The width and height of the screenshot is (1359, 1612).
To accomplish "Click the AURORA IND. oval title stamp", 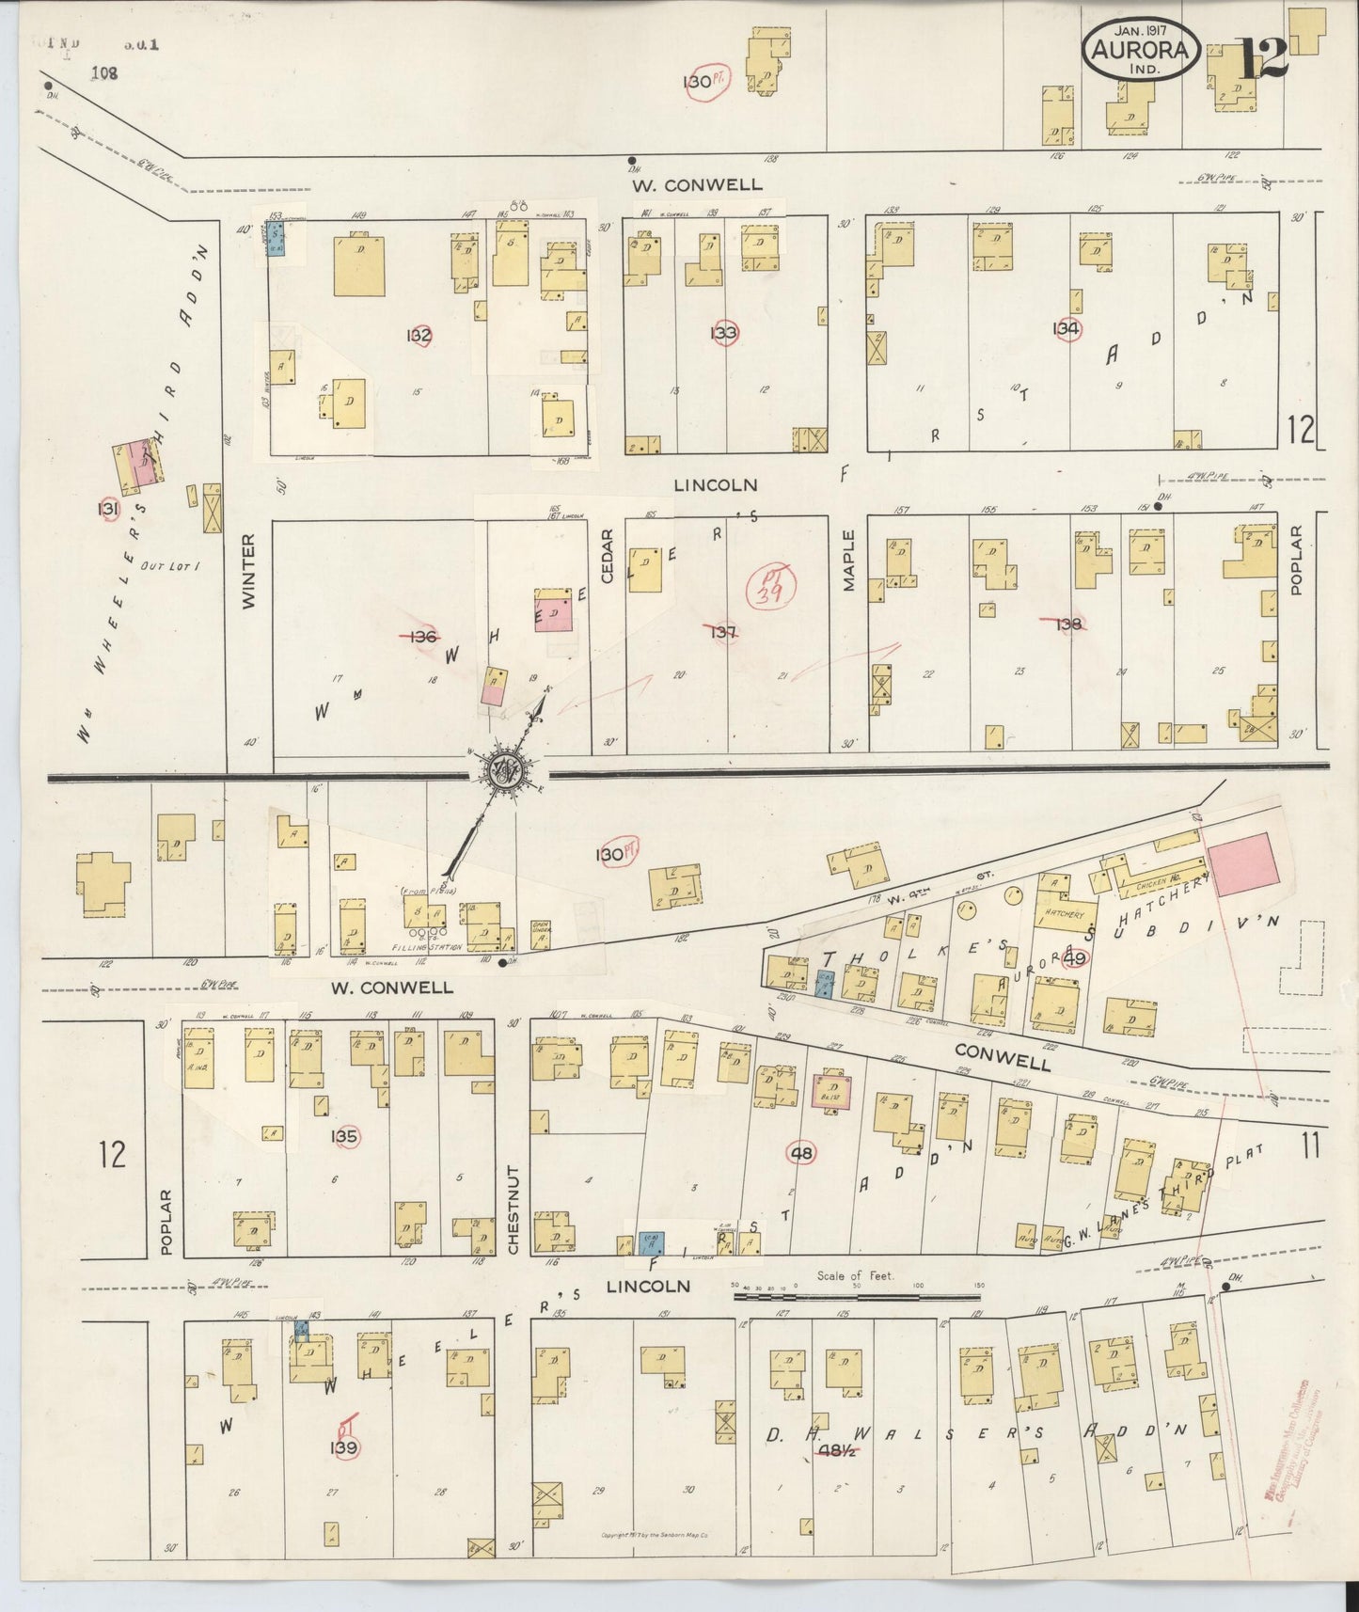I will click(x=1143, y=51).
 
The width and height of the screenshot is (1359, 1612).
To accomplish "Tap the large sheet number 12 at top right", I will click(x=1262, y=58).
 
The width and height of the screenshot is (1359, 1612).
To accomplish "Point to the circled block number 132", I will click(x=419, y=336).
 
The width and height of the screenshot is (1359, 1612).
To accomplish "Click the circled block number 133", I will click(x=724, y=332).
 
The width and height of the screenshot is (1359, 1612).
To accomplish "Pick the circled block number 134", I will click(x=1066, y=329).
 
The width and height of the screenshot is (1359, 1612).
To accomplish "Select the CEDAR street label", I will click(x=607, y=557).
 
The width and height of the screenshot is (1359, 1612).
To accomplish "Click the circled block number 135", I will click(x=344, y=1137).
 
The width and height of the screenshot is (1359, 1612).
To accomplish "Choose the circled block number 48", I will click(x=804, y=1153).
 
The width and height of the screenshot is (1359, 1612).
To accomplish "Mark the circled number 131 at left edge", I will click(x=110, y=509).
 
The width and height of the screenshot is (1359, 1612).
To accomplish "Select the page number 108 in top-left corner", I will click(x=104, y=72).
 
